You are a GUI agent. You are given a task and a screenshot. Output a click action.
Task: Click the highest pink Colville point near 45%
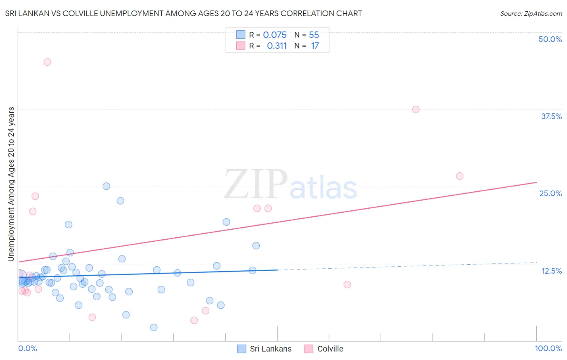47,62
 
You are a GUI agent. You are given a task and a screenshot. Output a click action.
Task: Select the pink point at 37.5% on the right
416,109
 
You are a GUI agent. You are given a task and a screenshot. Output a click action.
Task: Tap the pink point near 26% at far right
459,176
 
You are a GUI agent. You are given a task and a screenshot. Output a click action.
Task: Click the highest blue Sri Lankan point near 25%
106,186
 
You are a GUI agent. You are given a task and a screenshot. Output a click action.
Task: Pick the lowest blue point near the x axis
154,327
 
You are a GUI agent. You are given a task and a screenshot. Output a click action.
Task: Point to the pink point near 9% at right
347,285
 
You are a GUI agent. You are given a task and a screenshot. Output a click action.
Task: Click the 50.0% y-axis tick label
550,39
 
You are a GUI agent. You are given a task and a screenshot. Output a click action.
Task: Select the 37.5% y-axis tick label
551,116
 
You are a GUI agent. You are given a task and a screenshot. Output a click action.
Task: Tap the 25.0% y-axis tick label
550,193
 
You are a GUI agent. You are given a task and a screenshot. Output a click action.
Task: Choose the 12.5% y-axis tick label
551,271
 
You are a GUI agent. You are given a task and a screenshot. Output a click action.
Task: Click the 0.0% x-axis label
27,348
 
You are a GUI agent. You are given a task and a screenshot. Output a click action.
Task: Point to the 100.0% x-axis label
548,348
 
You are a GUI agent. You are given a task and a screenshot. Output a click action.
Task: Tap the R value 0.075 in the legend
275,35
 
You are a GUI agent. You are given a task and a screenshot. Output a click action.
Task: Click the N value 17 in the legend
315,46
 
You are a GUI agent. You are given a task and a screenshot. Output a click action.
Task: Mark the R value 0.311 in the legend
277,46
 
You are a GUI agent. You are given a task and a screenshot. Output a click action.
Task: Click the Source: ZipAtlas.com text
531,14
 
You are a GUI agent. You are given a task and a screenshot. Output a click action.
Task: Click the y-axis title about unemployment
11,184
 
